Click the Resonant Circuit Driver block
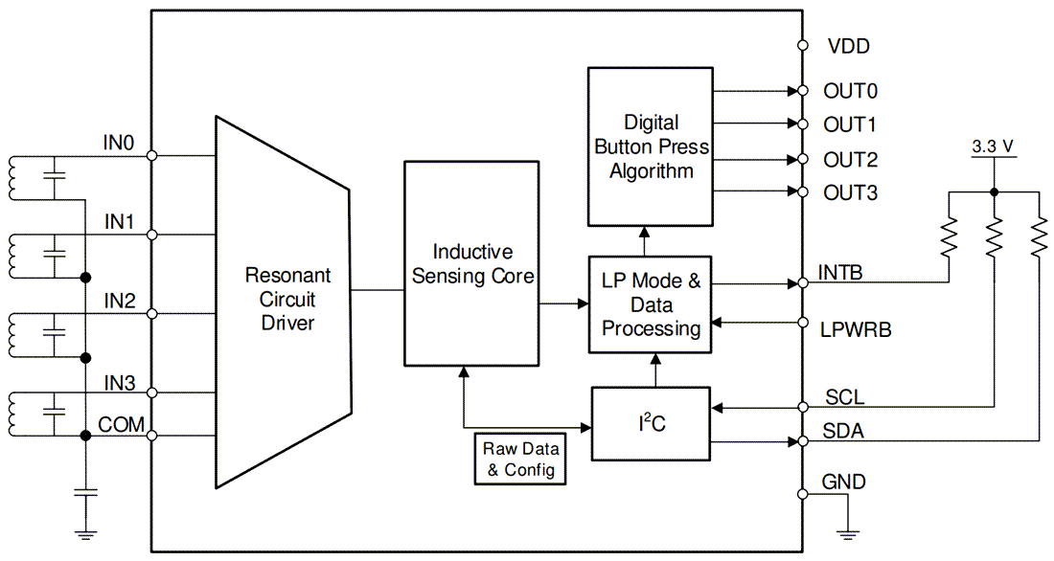[287, 300]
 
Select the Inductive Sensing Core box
[472, 264]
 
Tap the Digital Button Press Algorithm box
[652, 146]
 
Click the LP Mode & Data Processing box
[652, 305]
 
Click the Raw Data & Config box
[520, 460]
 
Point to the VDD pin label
[848, 46]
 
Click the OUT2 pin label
[850, 160]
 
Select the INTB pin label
[840, 273]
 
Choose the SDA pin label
[843, 432]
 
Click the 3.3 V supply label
[993, 147]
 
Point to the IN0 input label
[119, 144]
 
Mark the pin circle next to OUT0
[801, 91]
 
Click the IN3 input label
[119, 384]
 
